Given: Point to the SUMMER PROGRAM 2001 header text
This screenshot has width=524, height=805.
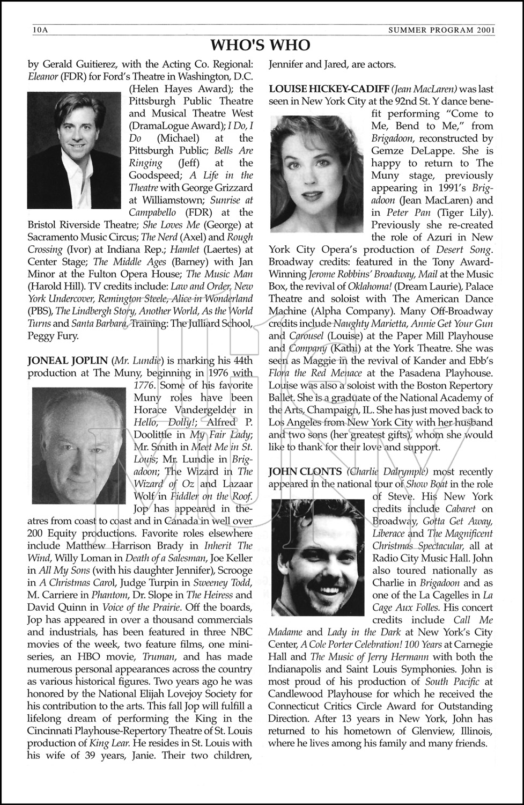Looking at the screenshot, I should pyautogui.click(x=441, y=30).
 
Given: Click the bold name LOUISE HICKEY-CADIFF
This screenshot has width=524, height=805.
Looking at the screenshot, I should pyautogui.click(x=328, y=89).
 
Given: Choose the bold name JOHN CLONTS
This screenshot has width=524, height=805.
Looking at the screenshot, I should pyautogui.click(x=305, y=472).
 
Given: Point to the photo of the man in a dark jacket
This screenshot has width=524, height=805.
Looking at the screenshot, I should pyautogui.click(x=75, y=142).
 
